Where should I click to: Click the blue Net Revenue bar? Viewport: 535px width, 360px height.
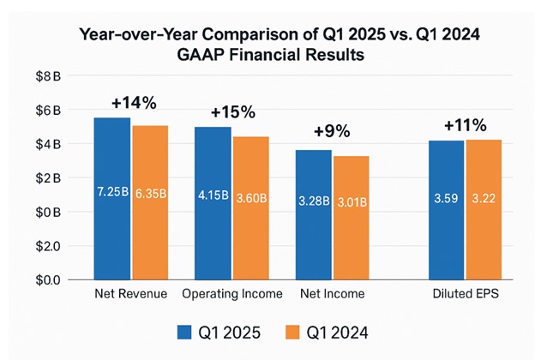[111, 198]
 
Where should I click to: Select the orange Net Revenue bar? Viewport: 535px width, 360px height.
[150, 202]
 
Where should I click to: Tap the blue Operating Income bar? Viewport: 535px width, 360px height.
[213, 203]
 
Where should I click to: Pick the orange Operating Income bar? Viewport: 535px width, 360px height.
[250, 208]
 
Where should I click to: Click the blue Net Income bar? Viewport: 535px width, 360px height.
[313, 214]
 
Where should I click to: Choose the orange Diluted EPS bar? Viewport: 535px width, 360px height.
[483, 209]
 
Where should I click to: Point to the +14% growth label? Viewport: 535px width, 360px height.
[134, 103]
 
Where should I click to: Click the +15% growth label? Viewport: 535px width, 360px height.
[233, 113]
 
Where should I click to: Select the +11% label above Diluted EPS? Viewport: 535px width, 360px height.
[464, 125]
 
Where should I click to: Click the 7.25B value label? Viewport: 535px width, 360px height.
[112, 195]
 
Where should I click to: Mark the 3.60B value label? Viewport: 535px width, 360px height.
[250, 195]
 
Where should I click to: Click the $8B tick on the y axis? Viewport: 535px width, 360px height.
[48, 76]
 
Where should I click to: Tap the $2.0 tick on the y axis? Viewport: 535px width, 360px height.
[48, 246]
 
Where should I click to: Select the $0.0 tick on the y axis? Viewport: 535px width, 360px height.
[48, 279]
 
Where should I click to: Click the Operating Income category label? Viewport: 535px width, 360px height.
[232, 294]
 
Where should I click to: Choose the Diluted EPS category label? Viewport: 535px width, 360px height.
[464, 294]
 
